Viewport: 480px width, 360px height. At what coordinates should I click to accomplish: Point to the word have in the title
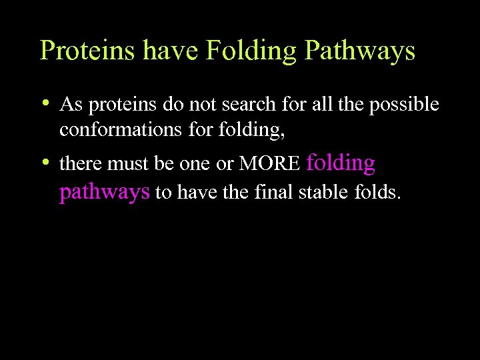[159, 51]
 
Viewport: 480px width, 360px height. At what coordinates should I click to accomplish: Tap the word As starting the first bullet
[69, 105]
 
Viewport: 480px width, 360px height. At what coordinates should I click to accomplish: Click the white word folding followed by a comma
[254, 129]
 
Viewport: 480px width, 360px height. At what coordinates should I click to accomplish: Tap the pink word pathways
[104, 192]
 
